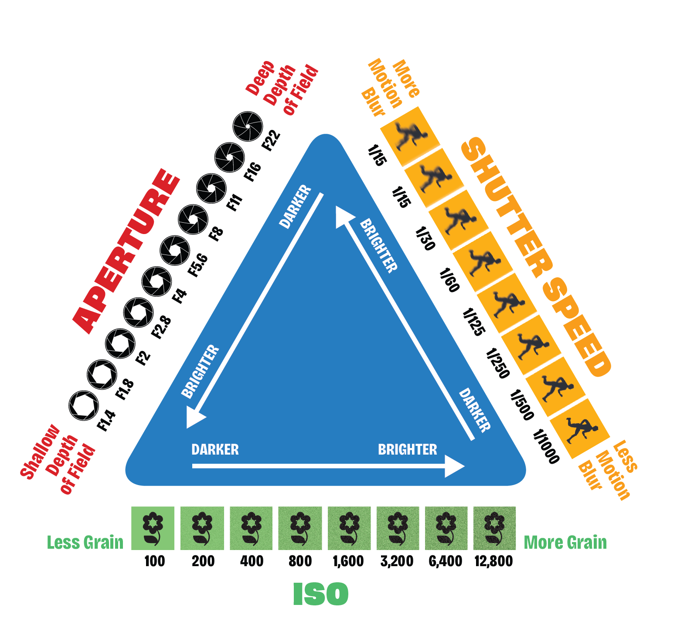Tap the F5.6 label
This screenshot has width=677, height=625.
(x=197, y=265)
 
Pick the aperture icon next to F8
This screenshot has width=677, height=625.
(x=193, y=219)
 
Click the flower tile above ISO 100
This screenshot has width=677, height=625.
(x=153, y=528)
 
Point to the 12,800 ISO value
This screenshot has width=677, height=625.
(x=493, y=561)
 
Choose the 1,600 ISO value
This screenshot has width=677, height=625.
(x=348, y=561)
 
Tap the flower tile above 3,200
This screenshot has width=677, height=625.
(x=398, y=528)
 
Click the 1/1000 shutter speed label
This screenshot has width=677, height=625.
(x=546, y=446)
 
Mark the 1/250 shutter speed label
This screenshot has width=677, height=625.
(x=497, y=363)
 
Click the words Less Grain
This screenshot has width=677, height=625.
(x=85, y=543)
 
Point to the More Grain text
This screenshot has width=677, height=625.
(x=565, y=543)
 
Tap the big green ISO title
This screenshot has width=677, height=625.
(x=321, y=594)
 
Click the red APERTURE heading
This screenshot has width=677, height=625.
(x=126, y=251)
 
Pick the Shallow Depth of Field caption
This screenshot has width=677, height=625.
(x=58, y=459)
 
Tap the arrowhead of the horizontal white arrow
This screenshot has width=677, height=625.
(x=455, y=466)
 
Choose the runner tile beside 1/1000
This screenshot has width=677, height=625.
(x=579, y=428)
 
